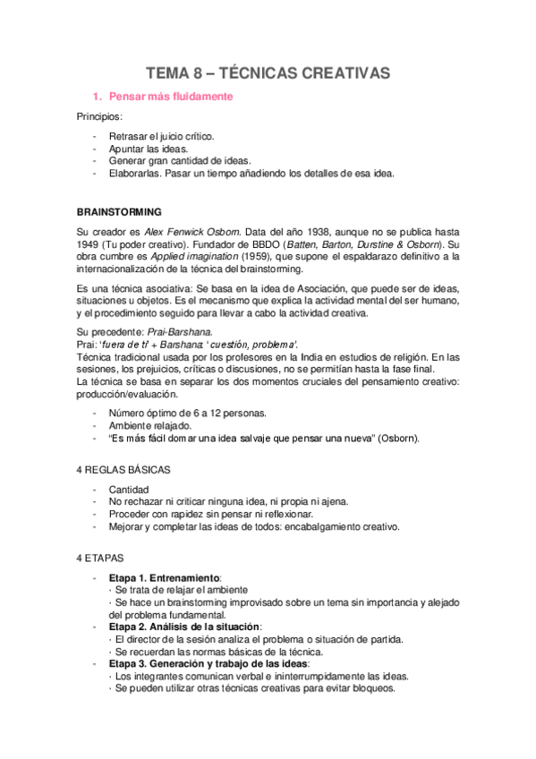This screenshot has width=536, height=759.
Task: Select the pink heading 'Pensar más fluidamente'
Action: click(x=169, y=96)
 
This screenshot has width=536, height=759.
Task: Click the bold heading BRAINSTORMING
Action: click(x=119, y=212)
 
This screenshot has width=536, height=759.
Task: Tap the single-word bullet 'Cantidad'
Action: click(x=128, y=490)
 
